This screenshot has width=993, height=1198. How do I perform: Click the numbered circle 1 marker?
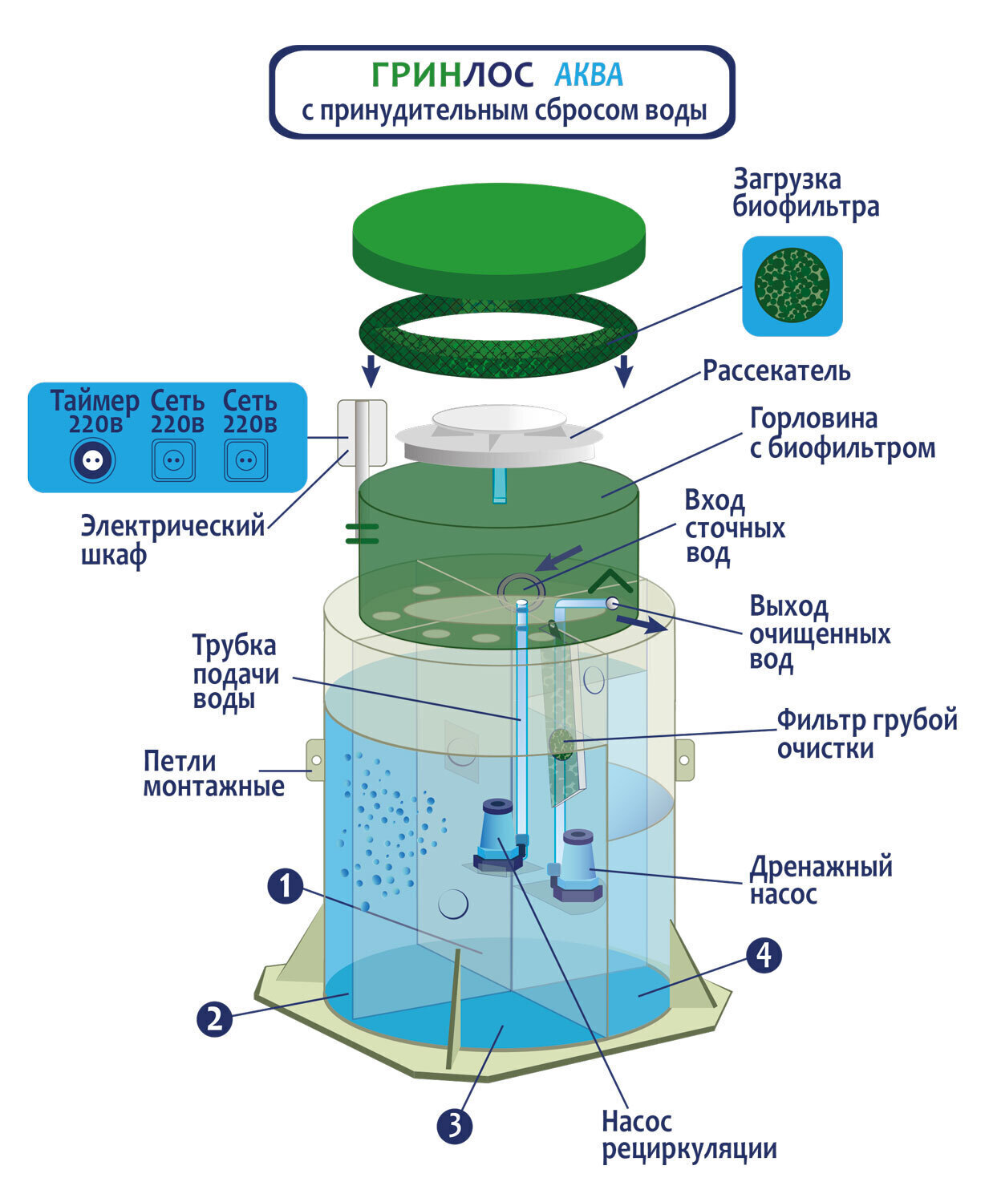286,887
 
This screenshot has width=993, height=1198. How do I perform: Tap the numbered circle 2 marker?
214,1019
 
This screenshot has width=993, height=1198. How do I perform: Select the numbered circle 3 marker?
455,1126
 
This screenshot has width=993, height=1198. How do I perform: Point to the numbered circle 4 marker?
764,954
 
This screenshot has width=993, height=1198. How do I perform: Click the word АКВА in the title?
589,75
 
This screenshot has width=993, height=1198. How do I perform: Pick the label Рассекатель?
776,370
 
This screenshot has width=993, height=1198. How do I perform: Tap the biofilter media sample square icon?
792,286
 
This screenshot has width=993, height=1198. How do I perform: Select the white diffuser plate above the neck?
499,434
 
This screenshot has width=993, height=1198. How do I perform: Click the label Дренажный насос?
821,880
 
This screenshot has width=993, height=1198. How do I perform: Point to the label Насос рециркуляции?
688,1135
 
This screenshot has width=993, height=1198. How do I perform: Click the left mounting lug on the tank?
315,759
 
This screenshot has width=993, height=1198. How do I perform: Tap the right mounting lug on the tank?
684,759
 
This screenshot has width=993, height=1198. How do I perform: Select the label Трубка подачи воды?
236,672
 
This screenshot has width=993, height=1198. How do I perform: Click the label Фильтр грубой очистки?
866,734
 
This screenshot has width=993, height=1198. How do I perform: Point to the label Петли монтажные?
213,773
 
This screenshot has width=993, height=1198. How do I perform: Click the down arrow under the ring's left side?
370,371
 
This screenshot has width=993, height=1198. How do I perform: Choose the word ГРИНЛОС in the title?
452,75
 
